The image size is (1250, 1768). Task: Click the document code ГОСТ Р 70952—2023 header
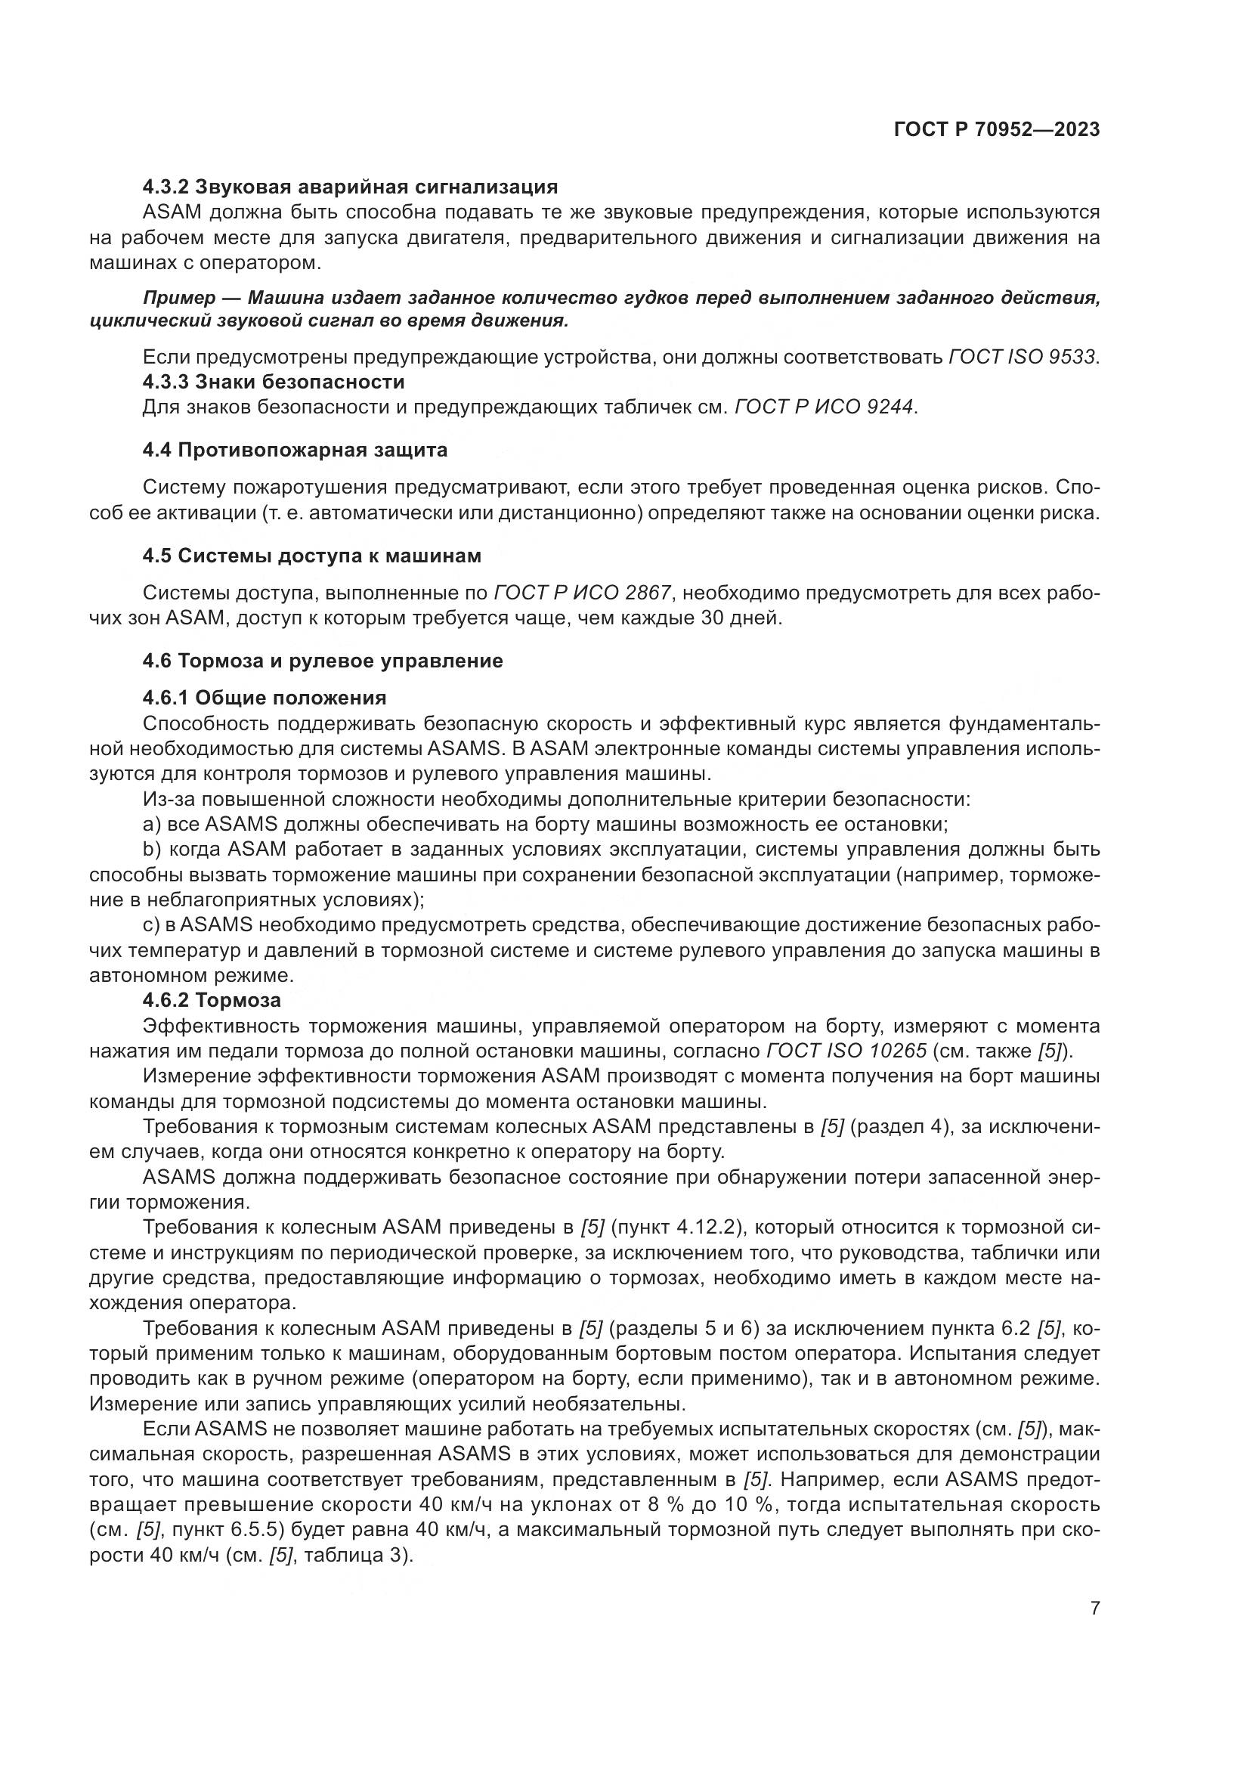997,129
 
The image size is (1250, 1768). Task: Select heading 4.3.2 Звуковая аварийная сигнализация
350,187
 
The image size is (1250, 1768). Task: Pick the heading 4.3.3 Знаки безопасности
274,382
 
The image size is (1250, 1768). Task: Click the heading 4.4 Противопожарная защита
295,450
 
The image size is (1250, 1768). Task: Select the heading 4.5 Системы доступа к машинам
311,556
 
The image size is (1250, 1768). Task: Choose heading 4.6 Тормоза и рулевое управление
323,661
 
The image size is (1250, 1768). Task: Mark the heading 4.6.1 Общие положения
264,698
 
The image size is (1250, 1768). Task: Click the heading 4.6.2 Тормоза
212,1000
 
